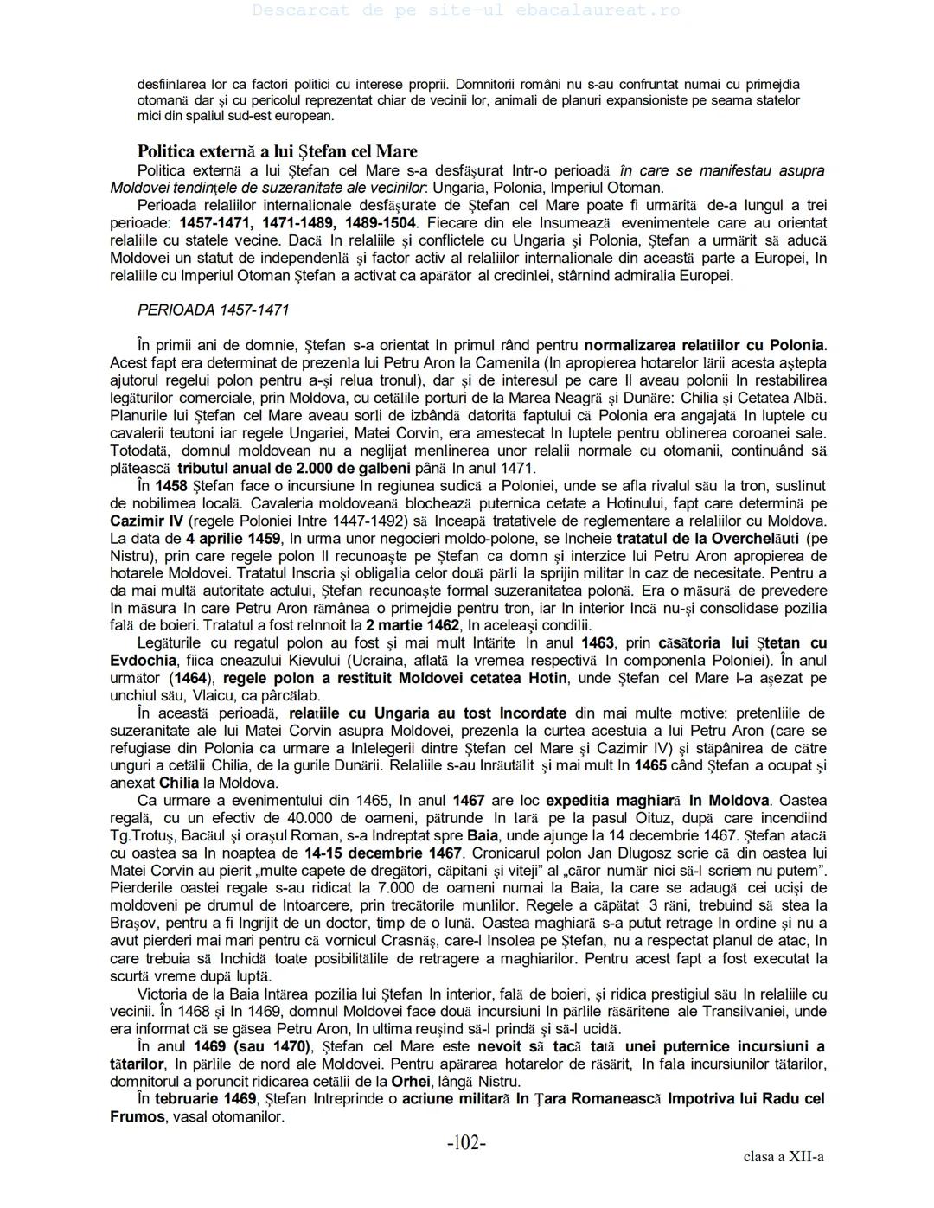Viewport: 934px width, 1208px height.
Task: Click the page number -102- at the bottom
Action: (466, 1143)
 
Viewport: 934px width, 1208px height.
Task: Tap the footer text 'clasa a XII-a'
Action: (783, 1157)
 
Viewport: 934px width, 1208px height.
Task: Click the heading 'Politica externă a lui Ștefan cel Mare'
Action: (277, 151)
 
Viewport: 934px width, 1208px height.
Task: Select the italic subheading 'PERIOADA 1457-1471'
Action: (213, 310)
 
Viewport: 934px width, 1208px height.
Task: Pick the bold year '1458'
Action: (171, 486)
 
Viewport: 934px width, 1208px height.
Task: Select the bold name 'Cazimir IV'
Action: (146, 521)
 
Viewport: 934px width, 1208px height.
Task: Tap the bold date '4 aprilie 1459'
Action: (233, 538)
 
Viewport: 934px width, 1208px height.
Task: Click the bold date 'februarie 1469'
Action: (206, 1098)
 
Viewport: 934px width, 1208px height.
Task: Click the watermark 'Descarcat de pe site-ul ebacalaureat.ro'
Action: (466, 10)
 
